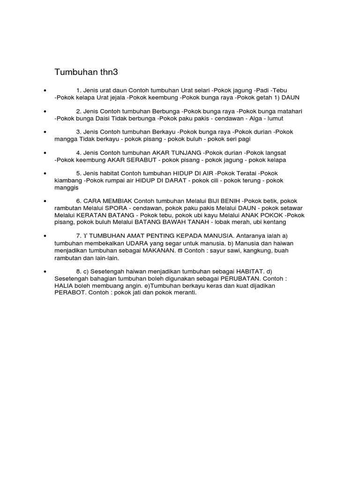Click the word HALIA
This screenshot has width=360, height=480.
(x=65, y=285)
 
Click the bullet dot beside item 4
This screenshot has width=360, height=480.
(x=45, y=153)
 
